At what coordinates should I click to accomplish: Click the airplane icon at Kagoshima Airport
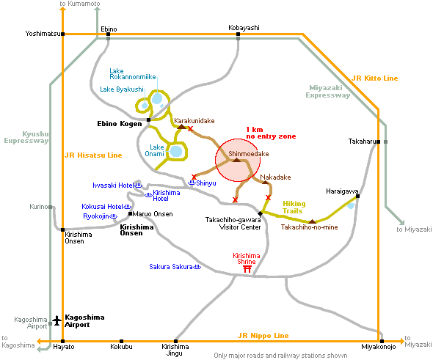coord(57,320)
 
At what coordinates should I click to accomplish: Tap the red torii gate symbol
coord(247,269)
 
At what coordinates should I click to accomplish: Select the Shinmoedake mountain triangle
coord(236,160)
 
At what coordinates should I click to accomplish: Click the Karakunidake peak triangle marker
coord(181,127)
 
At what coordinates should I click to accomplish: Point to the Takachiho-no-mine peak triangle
coord(312,221)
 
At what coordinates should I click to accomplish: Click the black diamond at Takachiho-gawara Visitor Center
coord(260,213)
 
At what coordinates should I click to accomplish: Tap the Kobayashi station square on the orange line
coord(238,34)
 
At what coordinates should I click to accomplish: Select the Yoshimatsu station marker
coord(63,34)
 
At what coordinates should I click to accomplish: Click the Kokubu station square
coord(121,341)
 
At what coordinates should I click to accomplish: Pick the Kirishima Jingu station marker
coord(175,341)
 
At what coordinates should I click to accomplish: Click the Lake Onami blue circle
coord(176,152)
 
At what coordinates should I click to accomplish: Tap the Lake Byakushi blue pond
coord(145,106)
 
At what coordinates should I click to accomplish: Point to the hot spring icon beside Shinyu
coord(192,183)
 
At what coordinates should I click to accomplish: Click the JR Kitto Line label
coord(375,78)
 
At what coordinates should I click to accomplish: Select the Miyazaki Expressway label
coord(328,92)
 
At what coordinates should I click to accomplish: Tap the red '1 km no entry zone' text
coord(271,133)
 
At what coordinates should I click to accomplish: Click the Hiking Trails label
coord(294,207)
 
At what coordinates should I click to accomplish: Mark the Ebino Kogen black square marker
coord(148,120)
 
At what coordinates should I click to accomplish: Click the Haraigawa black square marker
coord(357,196)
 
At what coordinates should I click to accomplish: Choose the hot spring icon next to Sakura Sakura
coord(197,267)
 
